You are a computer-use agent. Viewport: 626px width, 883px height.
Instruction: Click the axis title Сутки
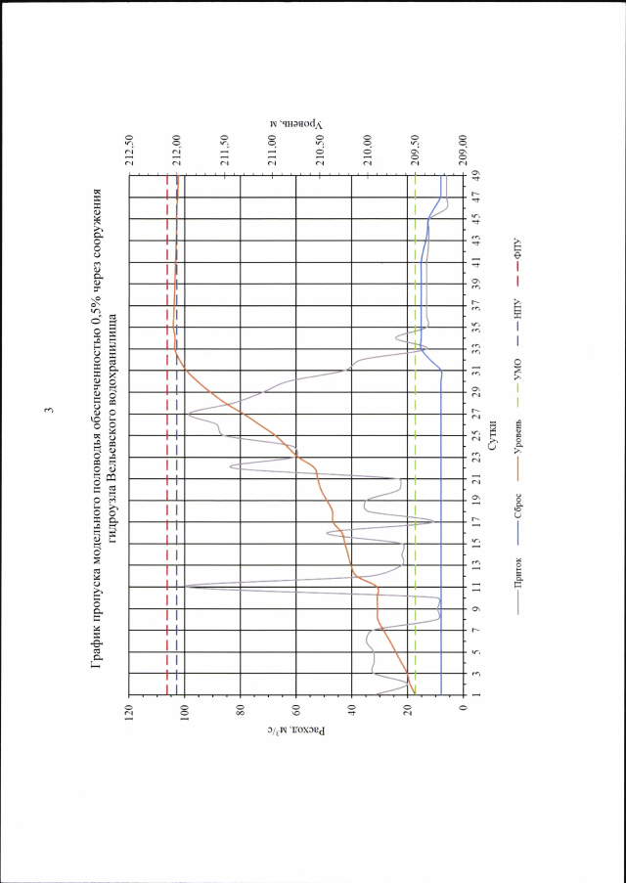coord(495,428)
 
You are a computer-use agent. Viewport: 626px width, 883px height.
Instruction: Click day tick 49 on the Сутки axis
coord(475,175)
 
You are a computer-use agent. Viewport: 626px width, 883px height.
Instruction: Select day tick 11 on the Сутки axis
coord(475,587)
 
